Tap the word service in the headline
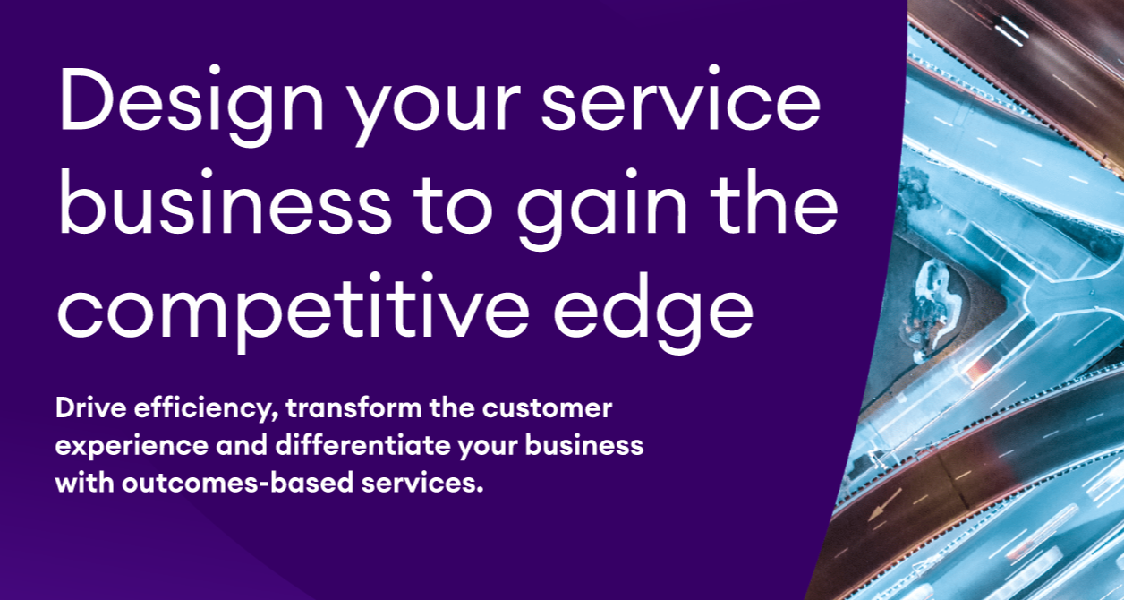tap(681, 99)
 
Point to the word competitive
tap(294, 307)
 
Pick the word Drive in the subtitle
tap(90, 407)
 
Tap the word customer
tap(547, 408)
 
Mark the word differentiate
tap(362, 445)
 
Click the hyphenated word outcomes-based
tap(238, 482)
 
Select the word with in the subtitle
tap(85, 482)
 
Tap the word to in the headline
tap(453, 206)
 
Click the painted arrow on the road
tap(885, 504)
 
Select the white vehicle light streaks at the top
tap(1011, 31)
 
